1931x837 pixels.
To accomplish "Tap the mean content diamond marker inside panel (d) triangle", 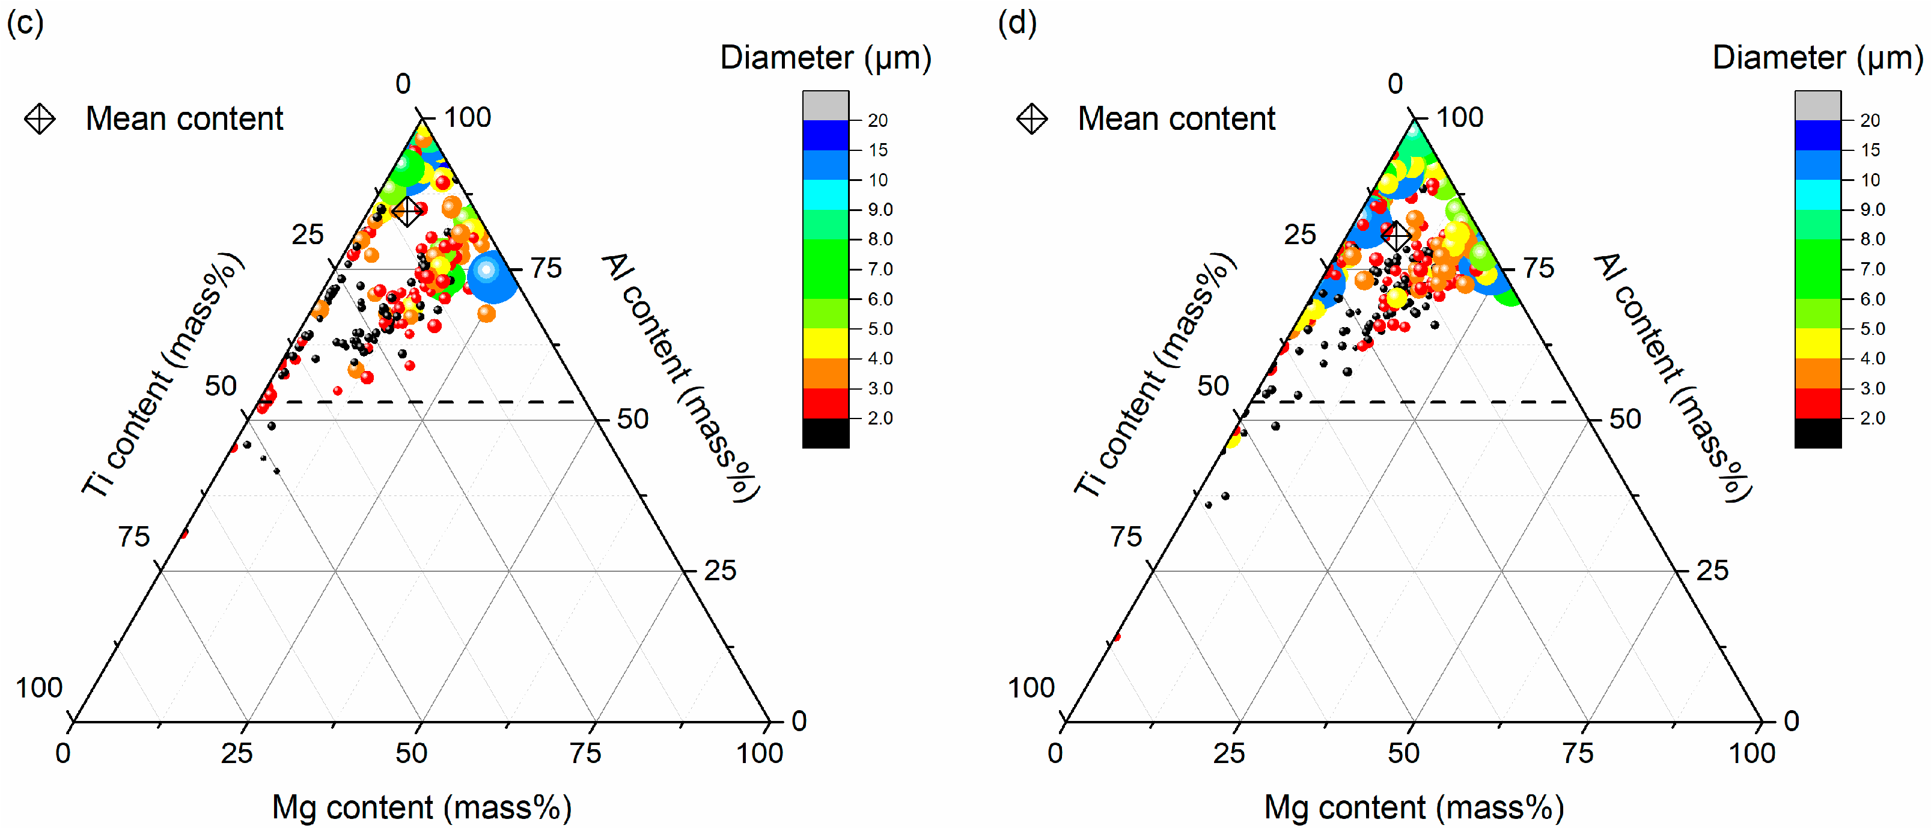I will coord(1397,236).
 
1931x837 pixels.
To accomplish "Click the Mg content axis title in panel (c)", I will coord(421,808).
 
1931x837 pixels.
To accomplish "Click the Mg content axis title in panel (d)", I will coord(1414,808).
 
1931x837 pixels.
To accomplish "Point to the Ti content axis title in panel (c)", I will coord(163,375).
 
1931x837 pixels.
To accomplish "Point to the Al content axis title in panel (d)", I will coord(1673,377).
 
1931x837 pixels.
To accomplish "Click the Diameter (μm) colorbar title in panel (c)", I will coord(825,58).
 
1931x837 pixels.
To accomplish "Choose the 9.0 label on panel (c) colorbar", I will coord(880,209).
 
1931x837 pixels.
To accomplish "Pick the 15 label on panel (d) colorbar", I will coord(1870,150).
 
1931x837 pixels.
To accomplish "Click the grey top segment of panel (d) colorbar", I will coord(1818,106).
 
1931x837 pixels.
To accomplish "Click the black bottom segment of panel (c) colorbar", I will coord(825,433).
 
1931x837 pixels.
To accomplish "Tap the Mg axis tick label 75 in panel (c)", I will coord(585,752).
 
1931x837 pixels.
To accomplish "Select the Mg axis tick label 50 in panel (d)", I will coord(1403,752).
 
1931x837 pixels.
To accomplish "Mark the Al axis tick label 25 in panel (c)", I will coord(719,571).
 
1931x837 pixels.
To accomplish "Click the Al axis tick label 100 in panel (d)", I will coord(1459,118).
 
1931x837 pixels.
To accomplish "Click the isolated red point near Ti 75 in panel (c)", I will coord(185,533).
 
